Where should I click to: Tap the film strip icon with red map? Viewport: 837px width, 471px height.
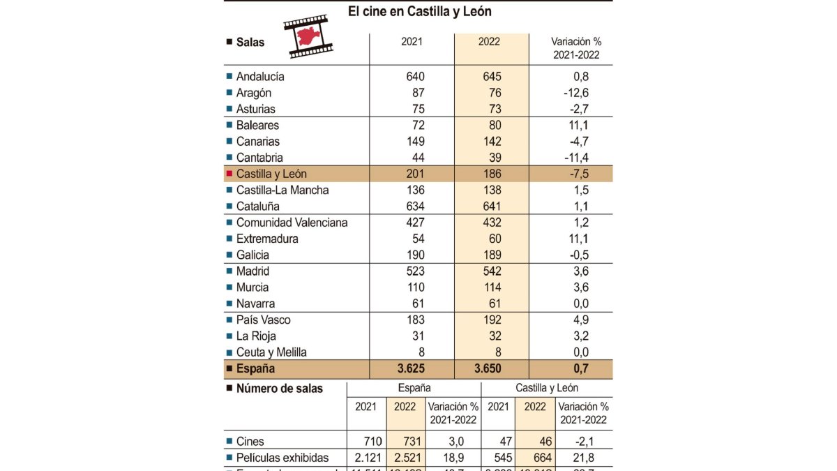(x=308, y=36)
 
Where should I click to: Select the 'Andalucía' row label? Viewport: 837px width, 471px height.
(x=260, y=77)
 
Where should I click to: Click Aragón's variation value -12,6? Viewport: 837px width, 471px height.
(x=575, y=93)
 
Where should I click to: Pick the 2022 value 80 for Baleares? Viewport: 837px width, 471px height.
(x=492, y=126)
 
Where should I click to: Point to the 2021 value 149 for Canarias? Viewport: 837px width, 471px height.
(x=414, y=142)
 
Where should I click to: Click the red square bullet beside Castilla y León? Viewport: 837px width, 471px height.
(x=229, y=174)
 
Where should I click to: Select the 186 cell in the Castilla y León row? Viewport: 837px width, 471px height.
(x=492, y=174)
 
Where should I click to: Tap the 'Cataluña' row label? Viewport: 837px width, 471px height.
(x=257, y=207)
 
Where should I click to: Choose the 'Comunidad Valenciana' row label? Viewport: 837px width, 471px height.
(x=292, y=223)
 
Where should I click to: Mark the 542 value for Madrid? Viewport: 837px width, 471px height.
(x=492, y=271)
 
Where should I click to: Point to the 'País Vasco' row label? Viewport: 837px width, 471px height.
(x=263, y=320)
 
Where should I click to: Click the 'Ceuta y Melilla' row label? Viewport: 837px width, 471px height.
(x=271, y=352)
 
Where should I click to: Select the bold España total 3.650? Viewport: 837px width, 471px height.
(x=492, y=369)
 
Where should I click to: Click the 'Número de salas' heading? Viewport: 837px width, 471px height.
(x=279, y=389)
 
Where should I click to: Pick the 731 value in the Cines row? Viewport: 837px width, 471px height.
(x=404, y=442)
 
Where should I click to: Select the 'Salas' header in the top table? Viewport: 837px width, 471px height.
(x=250, y=43)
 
